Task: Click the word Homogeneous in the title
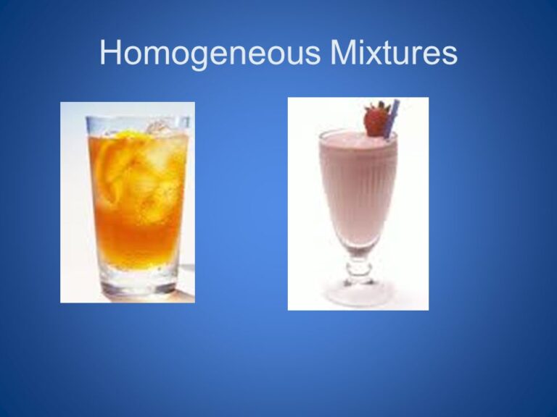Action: (210, 53)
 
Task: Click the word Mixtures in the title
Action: (394, 52)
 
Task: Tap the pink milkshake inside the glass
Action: (358, 191)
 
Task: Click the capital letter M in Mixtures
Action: (344, 52)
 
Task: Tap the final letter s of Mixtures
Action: (450, 56)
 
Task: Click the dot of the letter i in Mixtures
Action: (365, 41)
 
